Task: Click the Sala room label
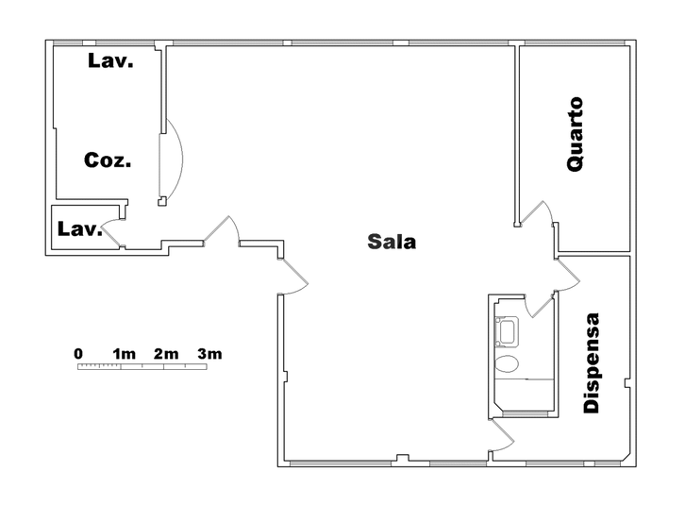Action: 392,242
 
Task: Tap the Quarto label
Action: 575,134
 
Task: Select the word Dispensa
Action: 592,362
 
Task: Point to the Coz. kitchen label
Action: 108,160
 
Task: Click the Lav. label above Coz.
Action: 110,60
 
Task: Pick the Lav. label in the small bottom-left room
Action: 80,228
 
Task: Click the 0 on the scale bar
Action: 78,353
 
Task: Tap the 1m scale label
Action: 124,353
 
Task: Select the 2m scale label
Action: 166,353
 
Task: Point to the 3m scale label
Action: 209,353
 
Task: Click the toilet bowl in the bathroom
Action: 507,363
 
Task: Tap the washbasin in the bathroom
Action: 507,331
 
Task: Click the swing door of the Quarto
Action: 538,213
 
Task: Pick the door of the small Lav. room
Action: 110,231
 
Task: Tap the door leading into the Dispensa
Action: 568,275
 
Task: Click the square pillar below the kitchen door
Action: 162,202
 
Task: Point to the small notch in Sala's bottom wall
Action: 402,458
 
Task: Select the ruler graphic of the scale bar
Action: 142,366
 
